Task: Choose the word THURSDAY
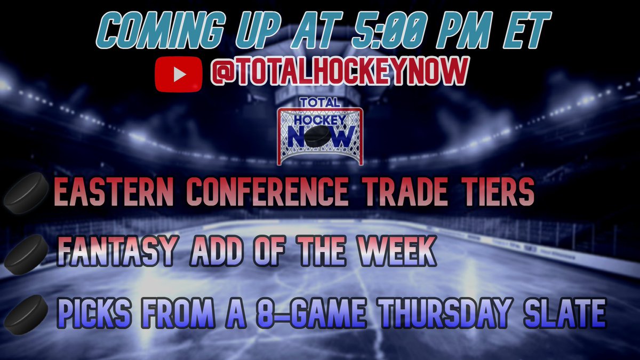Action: click(x=445, y=314)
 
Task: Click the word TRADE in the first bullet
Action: click(x=399, y=194)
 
